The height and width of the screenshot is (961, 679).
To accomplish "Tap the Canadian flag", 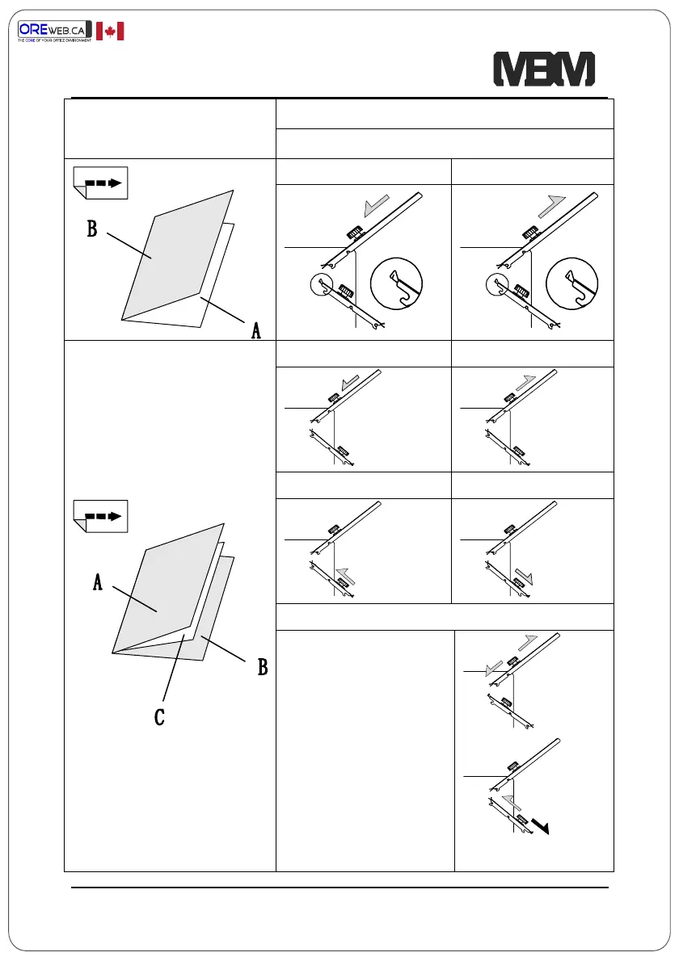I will (110, 31).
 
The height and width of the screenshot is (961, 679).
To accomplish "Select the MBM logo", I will (544, 70).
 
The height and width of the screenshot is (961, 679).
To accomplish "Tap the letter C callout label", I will (159, 716).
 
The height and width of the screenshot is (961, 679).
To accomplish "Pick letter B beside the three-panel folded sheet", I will (262, 668).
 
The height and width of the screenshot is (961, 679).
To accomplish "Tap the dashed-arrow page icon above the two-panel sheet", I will (100, 183).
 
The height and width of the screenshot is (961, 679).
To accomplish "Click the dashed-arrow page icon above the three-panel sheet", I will (100, 515).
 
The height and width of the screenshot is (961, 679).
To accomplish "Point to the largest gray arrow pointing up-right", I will (556, 206).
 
